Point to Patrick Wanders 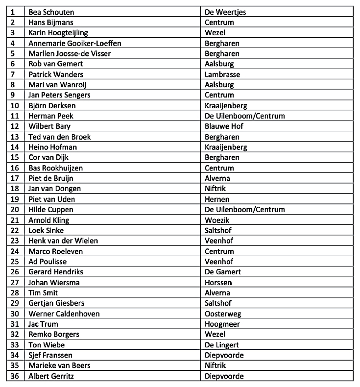(x=56, y=74)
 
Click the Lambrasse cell (x=222, y=74)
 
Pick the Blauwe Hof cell (x=224, y=126)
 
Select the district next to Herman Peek (x=245, y=116)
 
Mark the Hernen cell (x=217, y=199)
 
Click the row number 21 (x=14, y=220)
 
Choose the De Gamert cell (x=223, y=272)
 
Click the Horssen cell (x=218, y=283)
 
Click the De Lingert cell (x=222, y=345)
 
